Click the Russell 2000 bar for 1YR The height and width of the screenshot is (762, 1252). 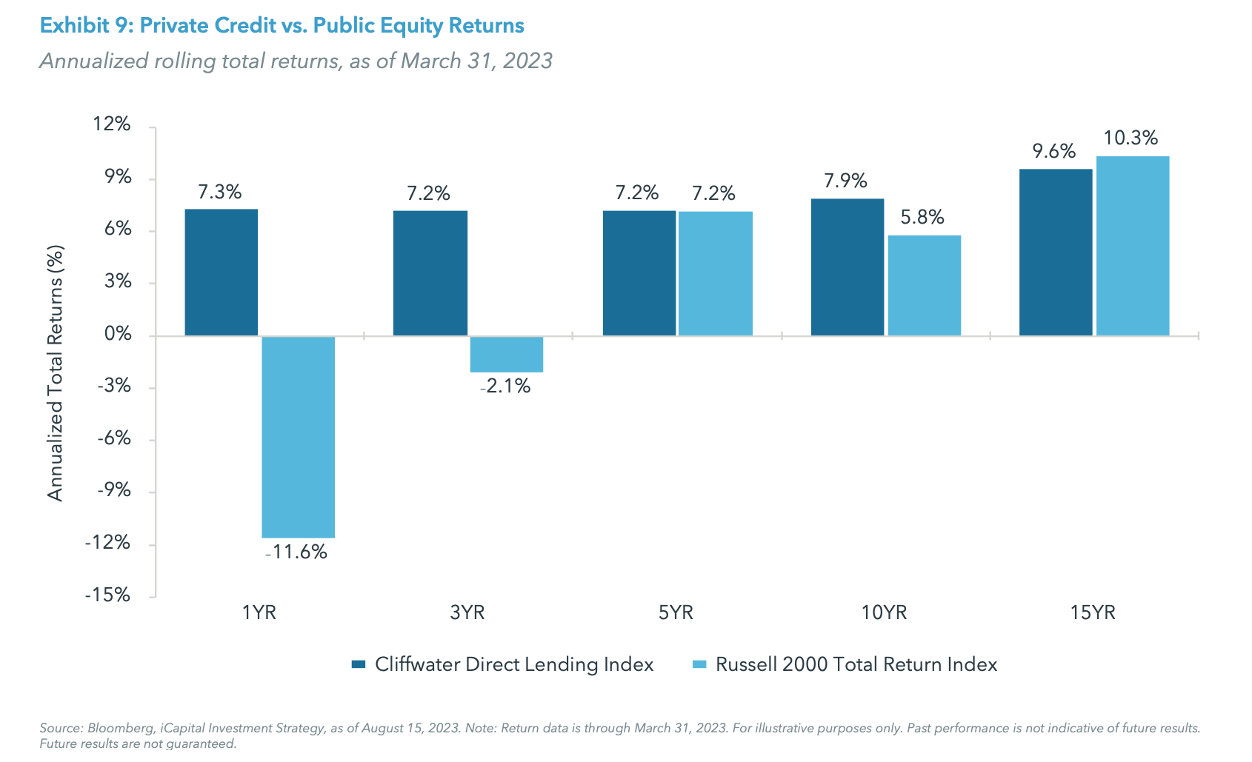pyautogui.click(x=298, y=437)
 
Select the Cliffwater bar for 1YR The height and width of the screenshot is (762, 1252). pyautogui.click(x=221, y=273)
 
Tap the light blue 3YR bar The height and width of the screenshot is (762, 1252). pyautogui.click(x=506, y=355)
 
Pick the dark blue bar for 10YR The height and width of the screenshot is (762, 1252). pyautogui.click(x=847, y=267)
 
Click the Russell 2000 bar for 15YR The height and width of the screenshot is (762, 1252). pyautogui.click(x=1132, y=246)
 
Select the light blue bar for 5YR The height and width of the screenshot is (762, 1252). pyautogui.click(x=715, y=274)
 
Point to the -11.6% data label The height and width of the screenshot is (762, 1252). pyautogui.click(x=296, y=552)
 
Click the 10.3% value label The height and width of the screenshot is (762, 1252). pyautogui.click(x=1131, y=138)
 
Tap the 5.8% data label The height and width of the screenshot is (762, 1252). pyautogui.click(x=922, y=218)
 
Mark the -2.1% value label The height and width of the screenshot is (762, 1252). pyautogui.click(x=505, y=387)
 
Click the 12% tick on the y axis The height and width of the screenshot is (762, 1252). pyautogui.click(x=112, y=124)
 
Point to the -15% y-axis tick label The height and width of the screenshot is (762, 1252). pyautogui.click(x=107, y=596)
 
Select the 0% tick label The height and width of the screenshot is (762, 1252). pyautogui.click(x=117, y=335)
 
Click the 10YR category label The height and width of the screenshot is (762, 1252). pyautogui.click(x=884, y=613)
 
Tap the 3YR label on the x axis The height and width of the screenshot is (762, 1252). pyautogui.click(x=467, y=613)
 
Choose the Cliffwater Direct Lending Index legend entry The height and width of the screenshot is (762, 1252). pyautogui.click(x=513, y=665)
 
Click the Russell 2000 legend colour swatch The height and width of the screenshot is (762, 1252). pyautogui.click(x=699, y=665)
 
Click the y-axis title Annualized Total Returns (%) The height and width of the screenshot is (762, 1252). pyautogui.click(x=56, y=372)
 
